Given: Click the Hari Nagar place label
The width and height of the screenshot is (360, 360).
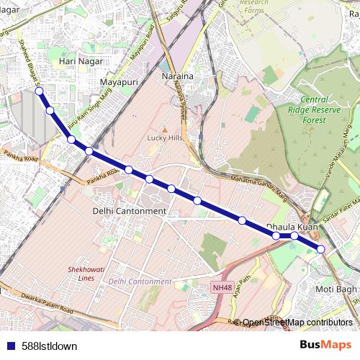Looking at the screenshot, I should [77, 62].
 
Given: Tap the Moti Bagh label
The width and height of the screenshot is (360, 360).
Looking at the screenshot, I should [336, 289].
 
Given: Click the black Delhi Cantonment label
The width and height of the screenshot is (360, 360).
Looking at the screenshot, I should [130, 211].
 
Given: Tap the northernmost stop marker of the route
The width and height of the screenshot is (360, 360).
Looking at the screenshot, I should [39, 91].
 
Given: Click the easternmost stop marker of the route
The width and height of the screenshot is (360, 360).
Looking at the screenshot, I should [321, 249].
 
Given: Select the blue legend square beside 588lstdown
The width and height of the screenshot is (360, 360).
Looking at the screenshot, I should [9, 346].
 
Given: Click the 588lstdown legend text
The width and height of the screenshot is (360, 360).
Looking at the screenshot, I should [49, 346].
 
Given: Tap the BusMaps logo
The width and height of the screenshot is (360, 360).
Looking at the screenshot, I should [326, 345].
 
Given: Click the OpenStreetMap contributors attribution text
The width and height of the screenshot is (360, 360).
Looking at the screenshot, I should [297, 323].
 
